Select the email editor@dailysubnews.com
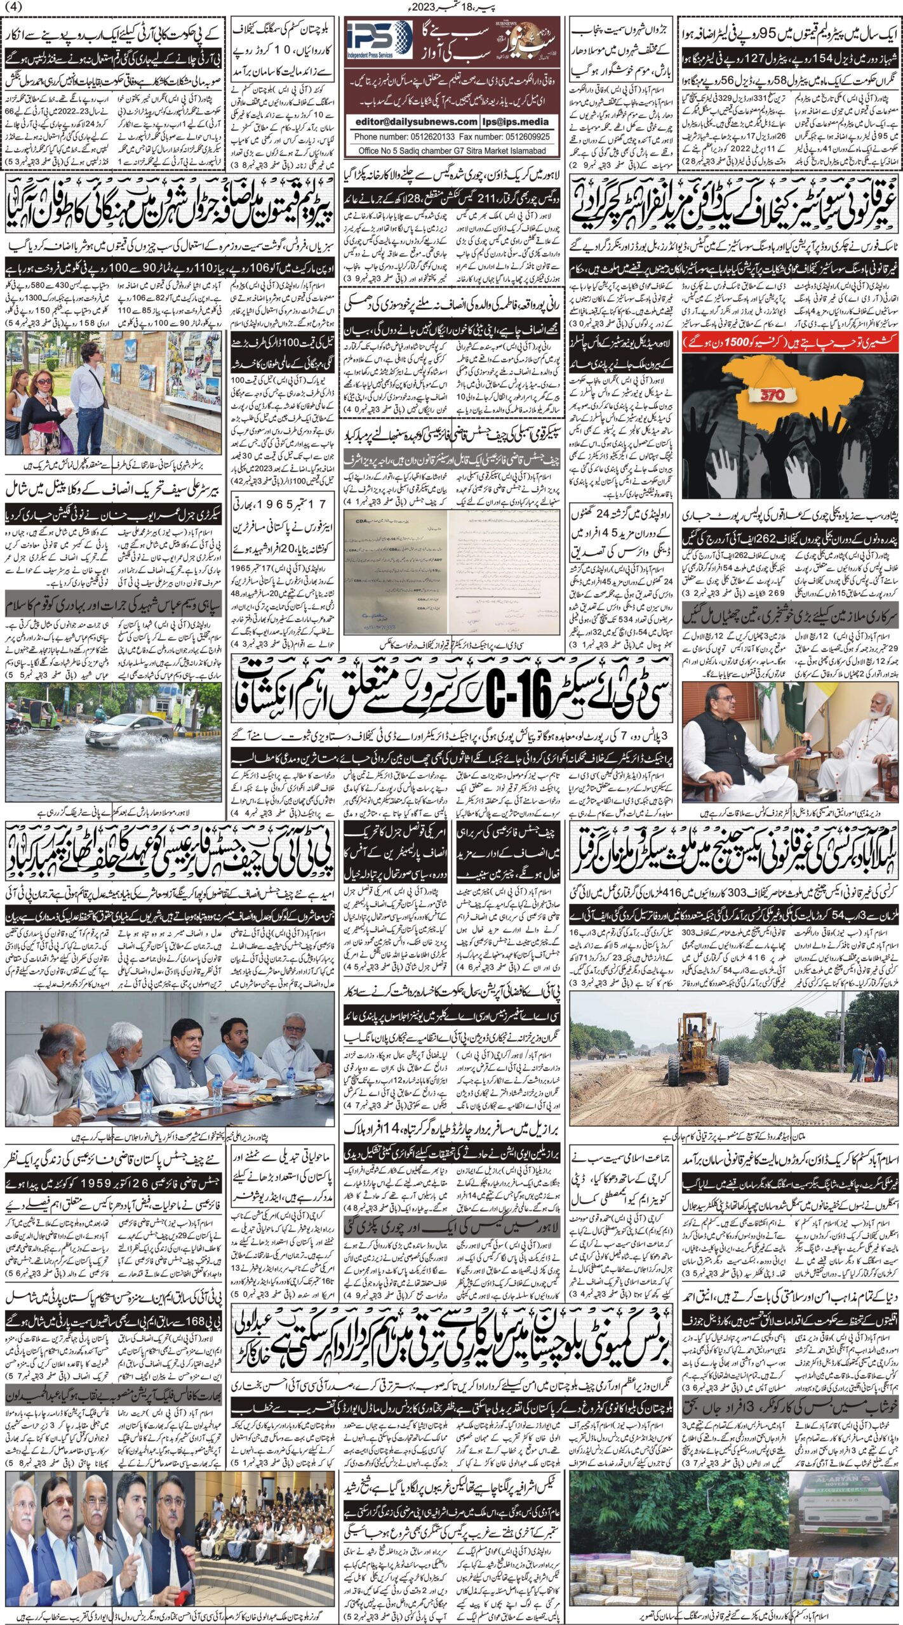coord(413,121)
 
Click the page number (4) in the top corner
coord(14,8)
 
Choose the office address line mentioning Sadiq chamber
coord(452,150)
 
